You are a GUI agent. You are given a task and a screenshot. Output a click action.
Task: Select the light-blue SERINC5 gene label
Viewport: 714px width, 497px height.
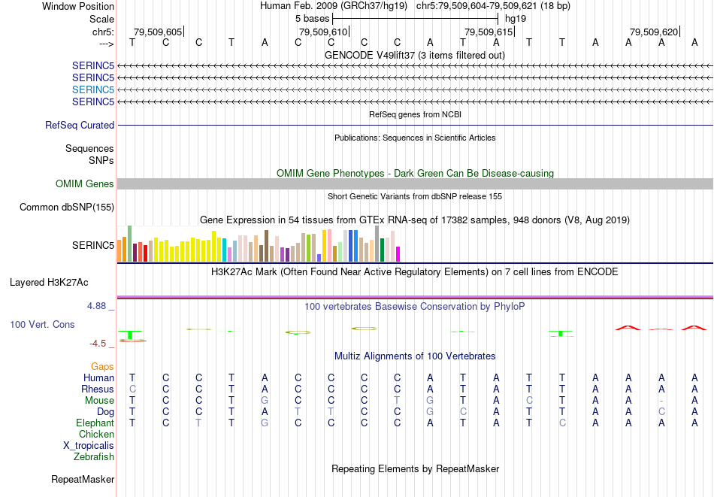[x=93, y=89]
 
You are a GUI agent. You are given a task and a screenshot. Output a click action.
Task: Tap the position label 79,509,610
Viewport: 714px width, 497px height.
[x=323, y=32]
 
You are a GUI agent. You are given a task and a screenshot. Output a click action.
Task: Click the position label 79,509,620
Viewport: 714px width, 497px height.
[x=654, y=32]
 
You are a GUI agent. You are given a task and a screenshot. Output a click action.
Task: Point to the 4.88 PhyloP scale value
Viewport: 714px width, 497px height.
[x=98, y=306]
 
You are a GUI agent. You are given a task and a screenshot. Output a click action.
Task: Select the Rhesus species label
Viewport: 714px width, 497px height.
[x=98, y=389]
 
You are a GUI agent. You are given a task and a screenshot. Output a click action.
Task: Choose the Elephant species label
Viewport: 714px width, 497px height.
[x=95, y=423]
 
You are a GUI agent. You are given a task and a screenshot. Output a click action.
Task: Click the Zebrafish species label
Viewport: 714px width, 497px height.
[x=94, y=457]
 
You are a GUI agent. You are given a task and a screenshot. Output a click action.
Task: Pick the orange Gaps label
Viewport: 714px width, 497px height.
[x=102, y=366]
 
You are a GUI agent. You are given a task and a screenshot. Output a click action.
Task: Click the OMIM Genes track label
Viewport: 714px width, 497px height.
[x=85, y=184]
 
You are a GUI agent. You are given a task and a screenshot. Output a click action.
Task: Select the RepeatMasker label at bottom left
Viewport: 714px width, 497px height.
[x=83, y=479]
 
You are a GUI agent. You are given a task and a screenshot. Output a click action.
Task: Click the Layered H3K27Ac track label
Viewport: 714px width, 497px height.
[x=49, y=283]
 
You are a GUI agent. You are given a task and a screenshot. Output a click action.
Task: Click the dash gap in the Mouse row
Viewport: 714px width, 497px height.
[x=661, y=401]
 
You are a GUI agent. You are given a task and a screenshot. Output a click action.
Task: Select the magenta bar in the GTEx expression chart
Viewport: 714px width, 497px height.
[x=398, y=254]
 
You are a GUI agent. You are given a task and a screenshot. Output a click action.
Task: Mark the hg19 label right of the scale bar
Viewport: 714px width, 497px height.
[x=515, y=18]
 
